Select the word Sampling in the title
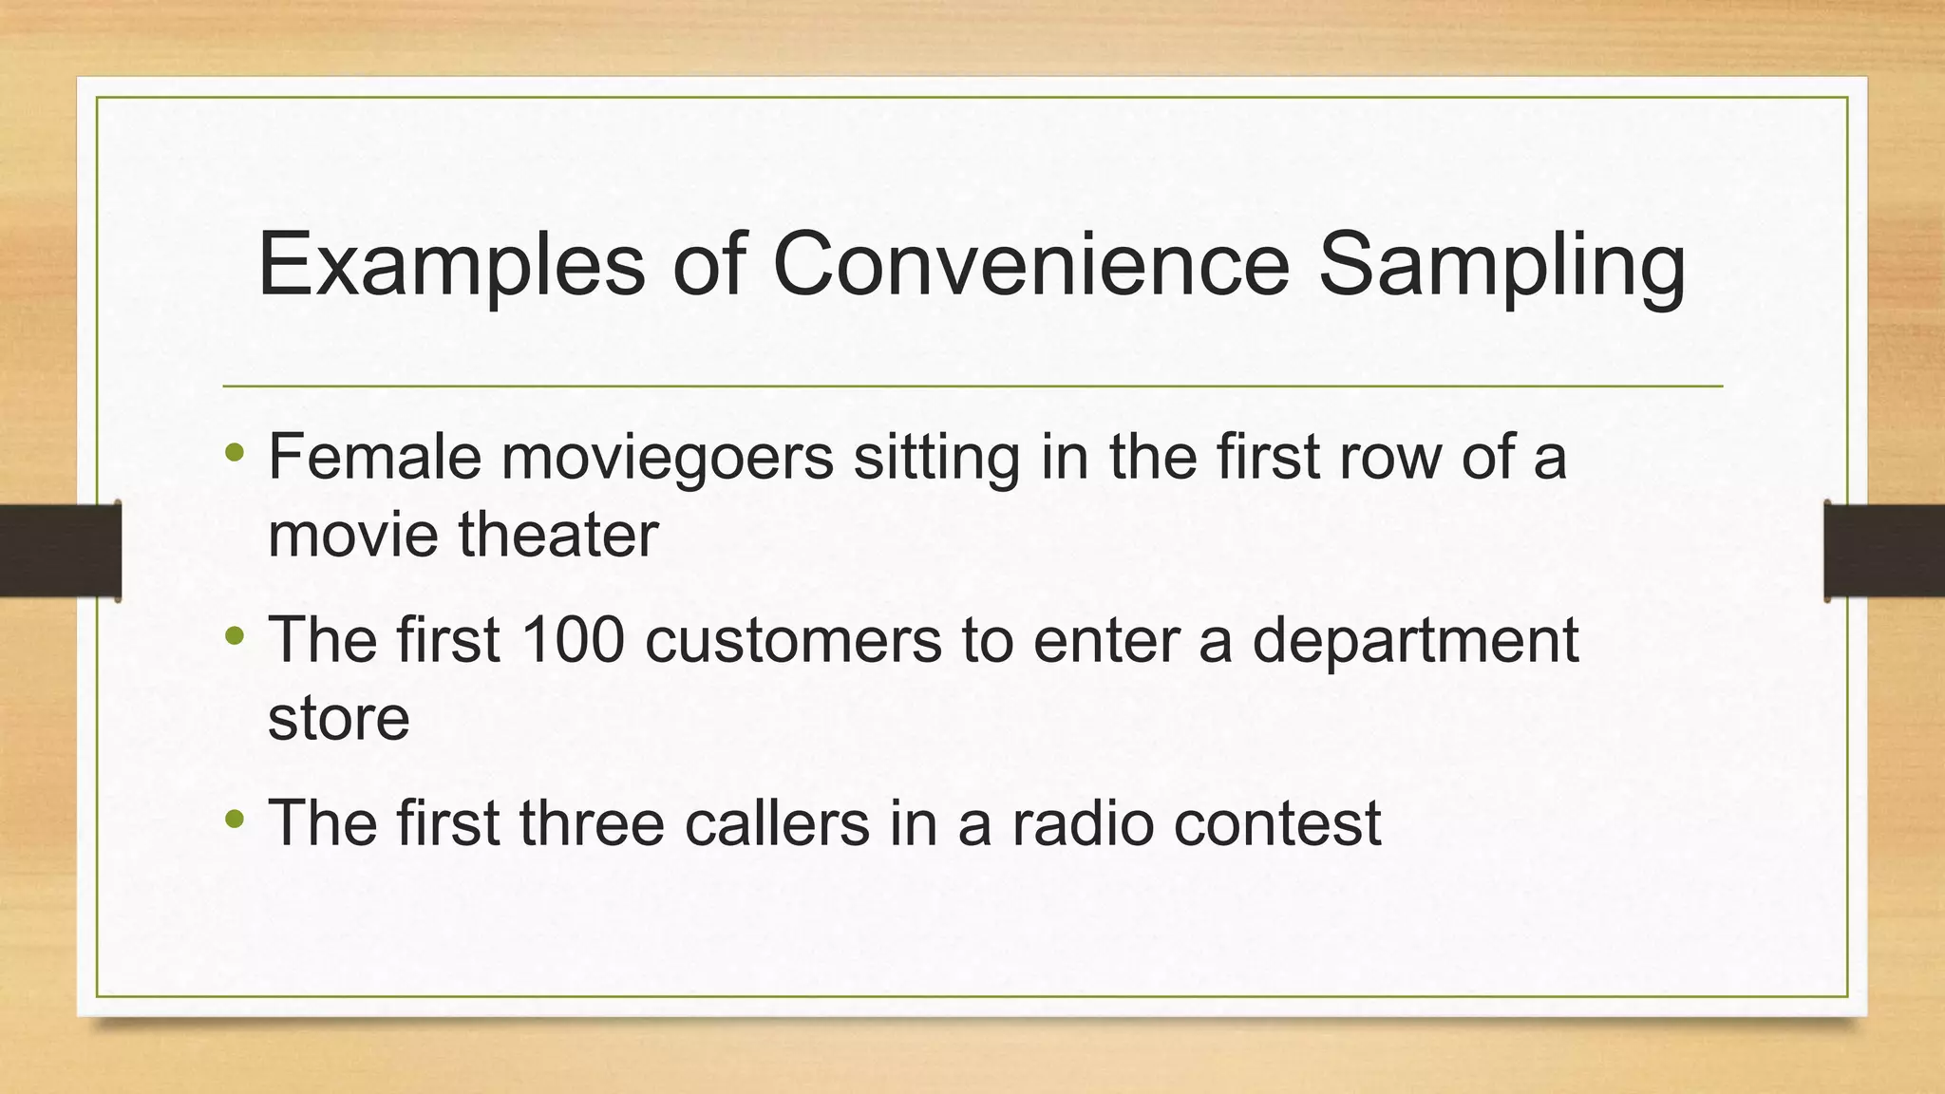point(1501,265)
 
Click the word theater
point(558,535)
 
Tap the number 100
point(573,639)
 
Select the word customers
point(793,641)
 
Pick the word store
point(338,718)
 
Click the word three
point(591,822)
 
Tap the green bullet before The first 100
point(236,637)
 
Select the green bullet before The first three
point(236,820)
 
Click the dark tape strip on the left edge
point(59,551)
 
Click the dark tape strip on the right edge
point(1884,551)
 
